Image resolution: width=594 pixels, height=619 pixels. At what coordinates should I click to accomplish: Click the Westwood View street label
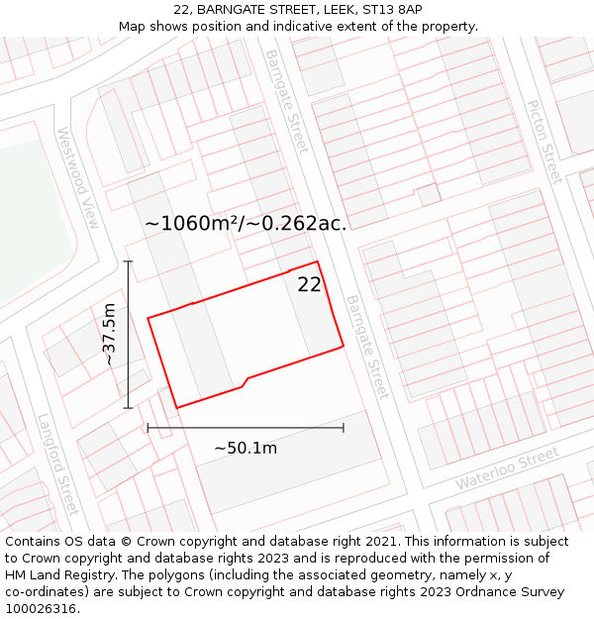tap(78, 177)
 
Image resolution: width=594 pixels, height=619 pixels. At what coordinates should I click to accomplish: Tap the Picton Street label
tap(544, 142)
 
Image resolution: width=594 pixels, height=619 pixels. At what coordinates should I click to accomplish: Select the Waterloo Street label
tap(508, 468)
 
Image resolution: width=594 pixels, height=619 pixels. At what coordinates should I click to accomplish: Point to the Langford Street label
tap(57, 464)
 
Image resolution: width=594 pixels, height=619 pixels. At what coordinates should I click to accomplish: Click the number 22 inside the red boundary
tap(309, 284)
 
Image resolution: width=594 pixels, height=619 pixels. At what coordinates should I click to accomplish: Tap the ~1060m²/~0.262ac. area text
tap(246, 224)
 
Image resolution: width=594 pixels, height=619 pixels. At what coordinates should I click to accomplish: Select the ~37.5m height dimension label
tap(109, 335)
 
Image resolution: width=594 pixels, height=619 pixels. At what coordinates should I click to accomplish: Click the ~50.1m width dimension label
tap(246, 449)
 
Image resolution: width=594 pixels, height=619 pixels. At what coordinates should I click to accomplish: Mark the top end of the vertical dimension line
tap(128, 261)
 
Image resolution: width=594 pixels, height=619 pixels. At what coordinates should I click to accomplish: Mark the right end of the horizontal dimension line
tap(344, 428)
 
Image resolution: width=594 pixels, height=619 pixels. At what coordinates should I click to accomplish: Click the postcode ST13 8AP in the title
tap(392, 9)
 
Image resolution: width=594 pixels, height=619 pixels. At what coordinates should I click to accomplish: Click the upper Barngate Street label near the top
tap(287, 101)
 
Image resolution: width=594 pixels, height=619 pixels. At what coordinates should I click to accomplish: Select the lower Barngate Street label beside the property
tap(366, 347)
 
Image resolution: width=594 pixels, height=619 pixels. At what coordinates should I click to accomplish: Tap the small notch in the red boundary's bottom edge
tap(245, 381)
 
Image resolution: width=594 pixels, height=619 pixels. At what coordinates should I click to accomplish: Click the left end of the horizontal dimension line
tap(148, 428)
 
